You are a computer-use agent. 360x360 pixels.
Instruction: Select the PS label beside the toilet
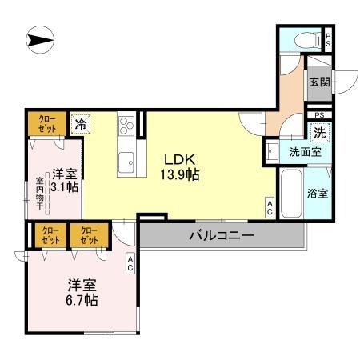(328, 40)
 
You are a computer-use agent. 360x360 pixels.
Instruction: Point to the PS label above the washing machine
(318, 114)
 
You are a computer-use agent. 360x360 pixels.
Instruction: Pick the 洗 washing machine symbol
(319, 131)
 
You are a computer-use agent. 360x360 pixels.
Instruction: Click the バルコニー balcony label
(222, 236)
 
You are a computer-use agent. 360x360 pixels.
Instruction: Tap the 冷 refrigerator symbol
(80, 124)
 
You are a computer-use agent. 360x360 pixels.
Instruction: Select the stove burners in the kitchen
(127, 126)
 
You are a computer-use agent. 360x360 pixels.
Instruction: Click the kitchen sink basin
(126, 163)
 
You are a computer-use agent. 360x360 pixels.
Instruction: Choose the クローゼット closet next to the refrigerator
(43, 124)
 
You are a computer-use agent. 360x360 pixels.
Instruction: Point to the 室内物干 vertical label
(39, 195)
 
